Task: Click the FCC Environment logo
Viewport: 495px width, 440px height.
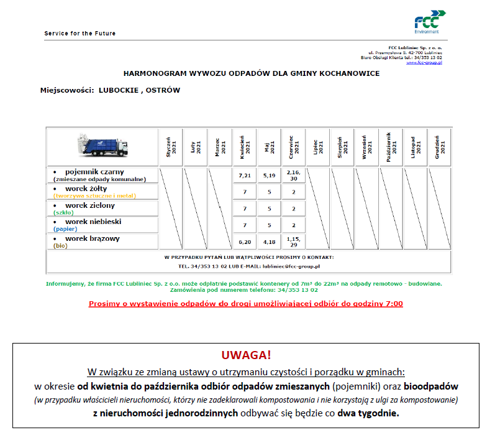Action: pyautogui.click(x=429, y=21)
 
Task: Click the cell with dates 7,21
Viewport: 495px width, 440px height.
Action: pyautogui.click(x=244, y=176)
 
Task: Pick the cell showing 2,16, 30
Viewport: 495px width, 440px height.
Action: pyautogui.click(x=294, y=176)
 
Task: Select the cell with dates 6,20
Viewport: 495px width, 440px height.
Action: pyautogui.click(x=244, y=241)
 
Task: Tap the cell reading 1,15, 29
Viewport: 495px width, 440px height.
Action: pyautogui.click(x=294, y=241)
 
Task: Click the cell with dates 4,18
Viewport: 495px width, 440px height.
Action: pyautogui.click(x=269, y=241)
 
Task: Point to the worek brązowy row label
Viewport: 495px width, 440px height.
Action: pyautogui.click(x=93, y=238)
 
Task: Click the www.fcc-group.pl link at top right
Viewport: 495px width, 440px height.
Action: pyautogui.click(x=424, y=63)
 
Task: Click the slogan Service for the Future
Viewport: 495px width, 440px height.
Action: pyautogui.click(x=79, y=34)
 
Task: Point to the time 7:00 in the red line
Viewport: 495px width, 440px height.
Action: pyautogui.click(x=394, y=304)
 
